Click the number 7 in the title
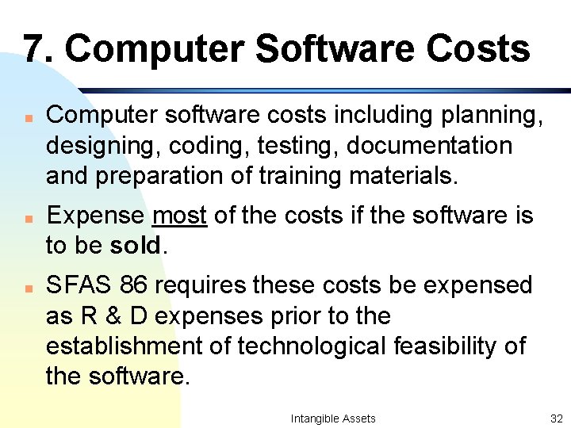tap(31, 48)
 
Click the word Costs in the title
tap(477, 48)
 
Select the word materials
tap(406, 175)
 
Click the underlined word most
tap(179, 216)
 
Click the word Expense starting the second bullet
tap(95, 216)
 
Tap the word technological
tap(313, 346)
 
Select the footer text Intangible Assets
tap(333, 418)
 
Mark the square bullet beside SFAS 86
tap(27, 286)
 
